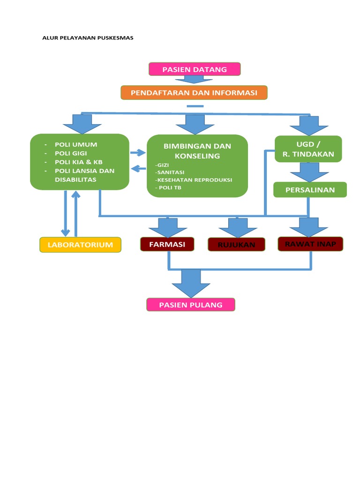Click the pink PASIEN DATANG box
pos(195,69)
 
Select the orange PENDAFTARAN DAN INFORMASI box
pos(194,93)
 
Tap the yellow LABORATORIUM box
pos(80,245)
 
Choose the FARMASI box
pos(167,244)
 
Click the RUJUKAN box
pos(236,245)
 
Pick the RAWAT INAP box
pos(310,244)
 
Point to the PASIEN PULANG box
pos(190,305)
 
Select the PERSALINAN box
pos(310,190)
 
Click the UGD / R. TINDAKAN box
pos(308,149)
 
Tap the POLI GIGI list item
pos(71,153)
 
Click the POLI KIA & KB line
pos(78,162)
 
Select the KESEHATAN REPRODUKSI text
pos(194,180)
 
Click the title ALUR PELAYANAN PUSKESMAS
pos(88,38)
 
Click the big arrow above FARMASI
pos(167,227)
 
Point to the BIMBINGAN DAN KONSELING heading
pos(197,151)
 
